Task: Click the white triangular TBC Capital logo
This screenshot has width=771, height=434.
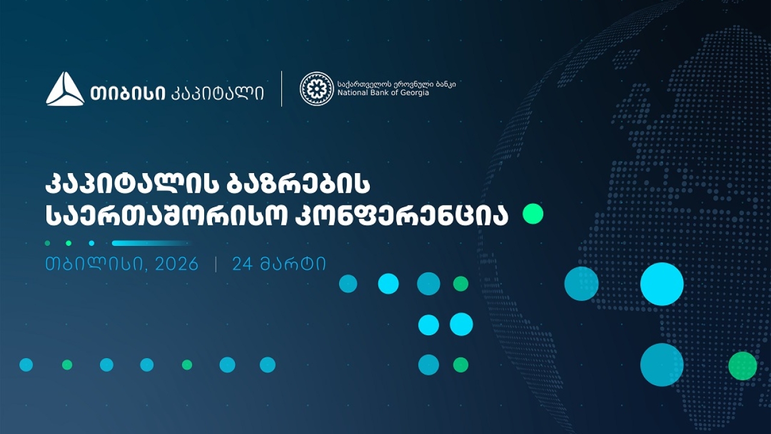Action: click(65, 90)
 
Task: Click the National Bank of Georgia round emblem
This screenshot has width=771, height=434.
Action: click(316, 89)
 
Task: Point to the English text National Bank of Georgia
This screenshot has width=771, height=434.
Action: click(383, 93)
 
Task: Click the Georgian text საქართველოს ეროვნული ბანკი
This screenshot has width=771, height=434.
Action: click(396, 84)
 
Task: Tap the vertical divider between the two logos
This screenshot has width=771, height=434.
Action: click(282, 89)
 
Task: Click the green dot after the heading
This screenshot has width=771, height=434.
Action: click(532, 213)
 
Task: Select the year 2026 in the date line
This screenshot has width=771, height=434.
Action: click(176, 264)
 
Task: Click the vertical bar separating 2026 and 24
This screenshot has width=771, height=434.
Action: click(216, 264)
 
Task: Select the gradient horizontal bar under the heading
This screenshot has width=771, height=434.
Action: click(151, 243)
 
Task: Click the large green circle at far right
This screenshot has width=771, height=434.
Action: click(742, 366)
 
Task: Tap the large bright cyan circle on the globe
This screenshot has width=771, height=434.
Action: click(661, 284)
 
